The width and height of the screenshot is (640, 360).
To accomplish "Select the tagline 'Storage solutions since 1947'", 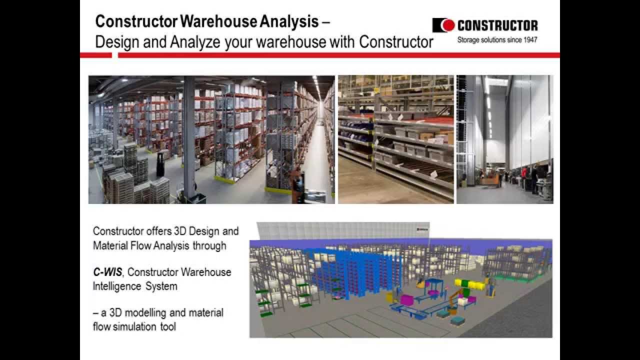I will pyautogui.click(x=497, y=40).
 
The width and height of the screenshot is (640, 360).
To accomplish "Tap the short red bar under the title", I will pyautogui.click(x=95, y=55).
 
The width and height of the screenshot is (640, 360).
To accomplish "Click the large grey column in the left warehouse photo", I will pyautogui.click(x=189, y=135).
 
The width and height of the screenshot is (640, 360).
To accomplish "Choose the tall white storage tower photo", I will pyautogui.click(x=505, y=139).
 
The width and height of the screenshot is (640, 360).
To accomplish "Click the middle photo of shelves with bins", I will pyautogui.click(x=395, y=139).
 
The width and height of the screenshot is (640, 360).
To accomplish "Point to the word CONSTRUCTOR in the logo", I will pyautogui.click(x=497, y=25).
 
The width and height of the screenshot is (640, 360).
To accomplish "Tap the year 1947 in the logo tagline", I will pyautogui.click(x=529, y=40).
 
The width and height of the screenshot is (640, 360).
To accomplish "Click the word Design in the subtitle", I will pyautogui.click(x=117, y=42).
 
